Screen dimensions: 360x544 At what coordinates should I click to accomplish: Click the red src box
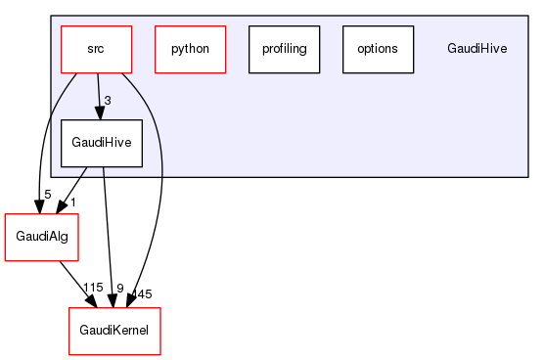tap(96, 48)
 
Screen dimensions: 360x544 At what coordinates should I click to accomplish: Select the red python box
tap(190, 48)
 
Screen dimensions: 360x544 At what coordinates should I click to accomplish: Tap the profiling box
tap(284, 48)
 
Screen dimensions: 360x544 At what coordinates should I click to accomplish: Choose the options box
tap(378, 48)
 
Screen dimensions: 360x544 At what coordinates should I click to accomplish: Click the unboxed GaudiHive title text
tap(476, 48)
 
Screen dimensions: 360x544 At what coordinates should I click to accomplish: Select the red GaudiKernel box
tap(113, 331)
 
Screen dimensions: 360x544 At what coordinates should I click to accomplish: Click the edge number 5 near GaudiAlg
tap(47, 194)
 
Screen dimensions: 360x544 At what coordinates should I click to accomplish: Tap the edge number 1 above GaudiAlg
tap(71, 201)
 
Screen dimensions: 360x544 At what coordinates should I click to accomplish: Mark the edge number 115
tap(93, 288)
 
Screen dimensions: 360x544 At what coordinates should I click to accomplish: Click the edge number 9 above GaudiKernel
tap(119, 288)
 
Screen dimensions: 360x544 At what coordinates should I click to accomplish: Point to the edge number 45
tap(144, 293)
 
